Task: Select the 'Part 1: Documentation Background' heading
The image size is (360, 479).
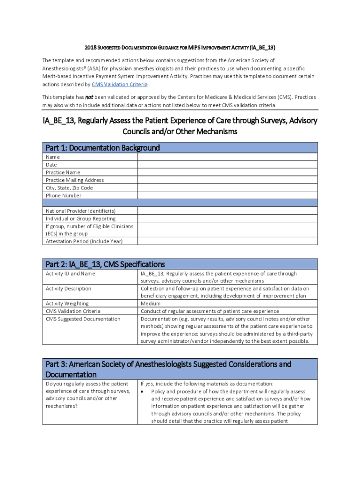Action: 103,148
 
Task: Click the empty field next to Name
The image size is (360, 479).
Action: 227,157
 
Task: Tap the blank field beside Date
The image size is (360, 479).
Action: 227,165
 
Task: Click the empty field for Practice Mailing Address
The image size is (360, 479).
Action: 227,180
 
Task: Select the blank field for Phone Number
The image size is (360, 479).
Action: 227,196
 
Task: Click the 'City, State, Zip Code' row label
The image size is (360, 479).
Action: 69,188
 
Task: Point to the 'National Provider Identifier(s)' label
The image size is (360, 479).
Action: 80,211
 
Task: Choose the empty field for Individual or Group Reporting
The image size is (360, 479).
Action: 227,218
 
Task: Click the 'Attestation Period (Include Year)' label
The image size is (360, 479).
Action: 84,241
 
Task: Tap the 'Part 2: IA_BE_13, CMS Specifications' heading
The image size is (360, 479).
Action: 105,264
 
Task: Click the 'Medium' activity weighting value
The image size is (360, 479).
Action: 151,304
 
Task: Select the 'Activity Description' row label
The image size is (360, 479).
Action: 68,289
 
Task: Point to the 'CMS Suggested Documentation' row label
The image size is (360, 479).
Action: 83,319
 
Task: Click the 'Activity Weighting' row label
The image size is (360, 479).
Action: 67,304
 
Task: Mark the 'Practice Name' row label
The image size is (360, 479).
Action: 63,173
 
